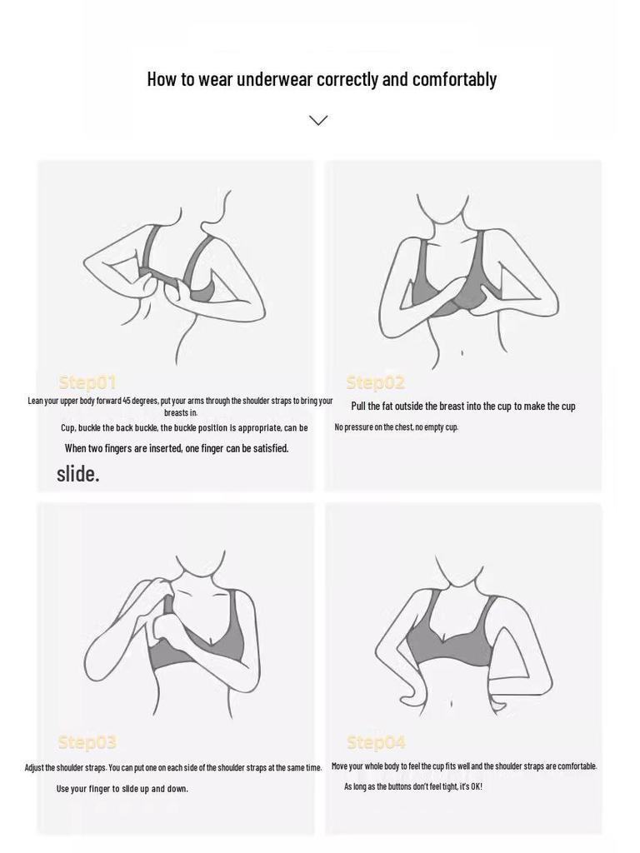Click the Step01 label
[x=87, y=382]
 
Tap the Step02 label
[x=375, y=382]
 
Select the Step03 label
[x=87, y=742]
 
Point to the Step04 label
[x=376, y=742]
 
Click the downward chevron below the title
[x=318, y=120]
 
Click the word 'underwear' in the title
[x=274, y=79]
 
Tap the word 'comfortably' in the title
[x=454, y=79]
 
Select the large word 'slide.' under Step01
[x=77, y=474]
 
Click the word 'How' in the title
[x=162, y=79]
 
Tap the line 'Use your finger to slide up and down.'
[x=122, y=789]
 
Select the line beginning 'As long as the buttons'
[x=413, y=786]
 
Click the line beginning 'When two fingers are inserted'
[x=177, y=448]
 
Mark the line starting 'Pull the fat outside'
[x=463, y=407]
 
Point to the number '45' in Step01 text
[x=127, y=401]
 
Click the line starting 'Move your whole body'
[x=464, y=766]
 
